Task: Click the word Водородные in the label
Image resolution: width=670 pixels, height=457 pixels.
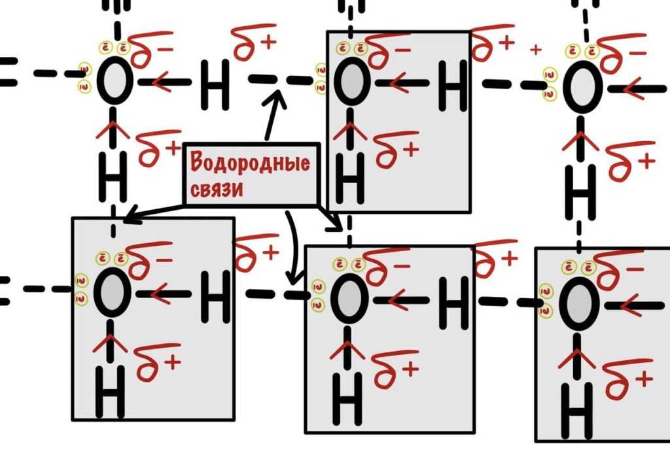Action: [251, 163]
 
